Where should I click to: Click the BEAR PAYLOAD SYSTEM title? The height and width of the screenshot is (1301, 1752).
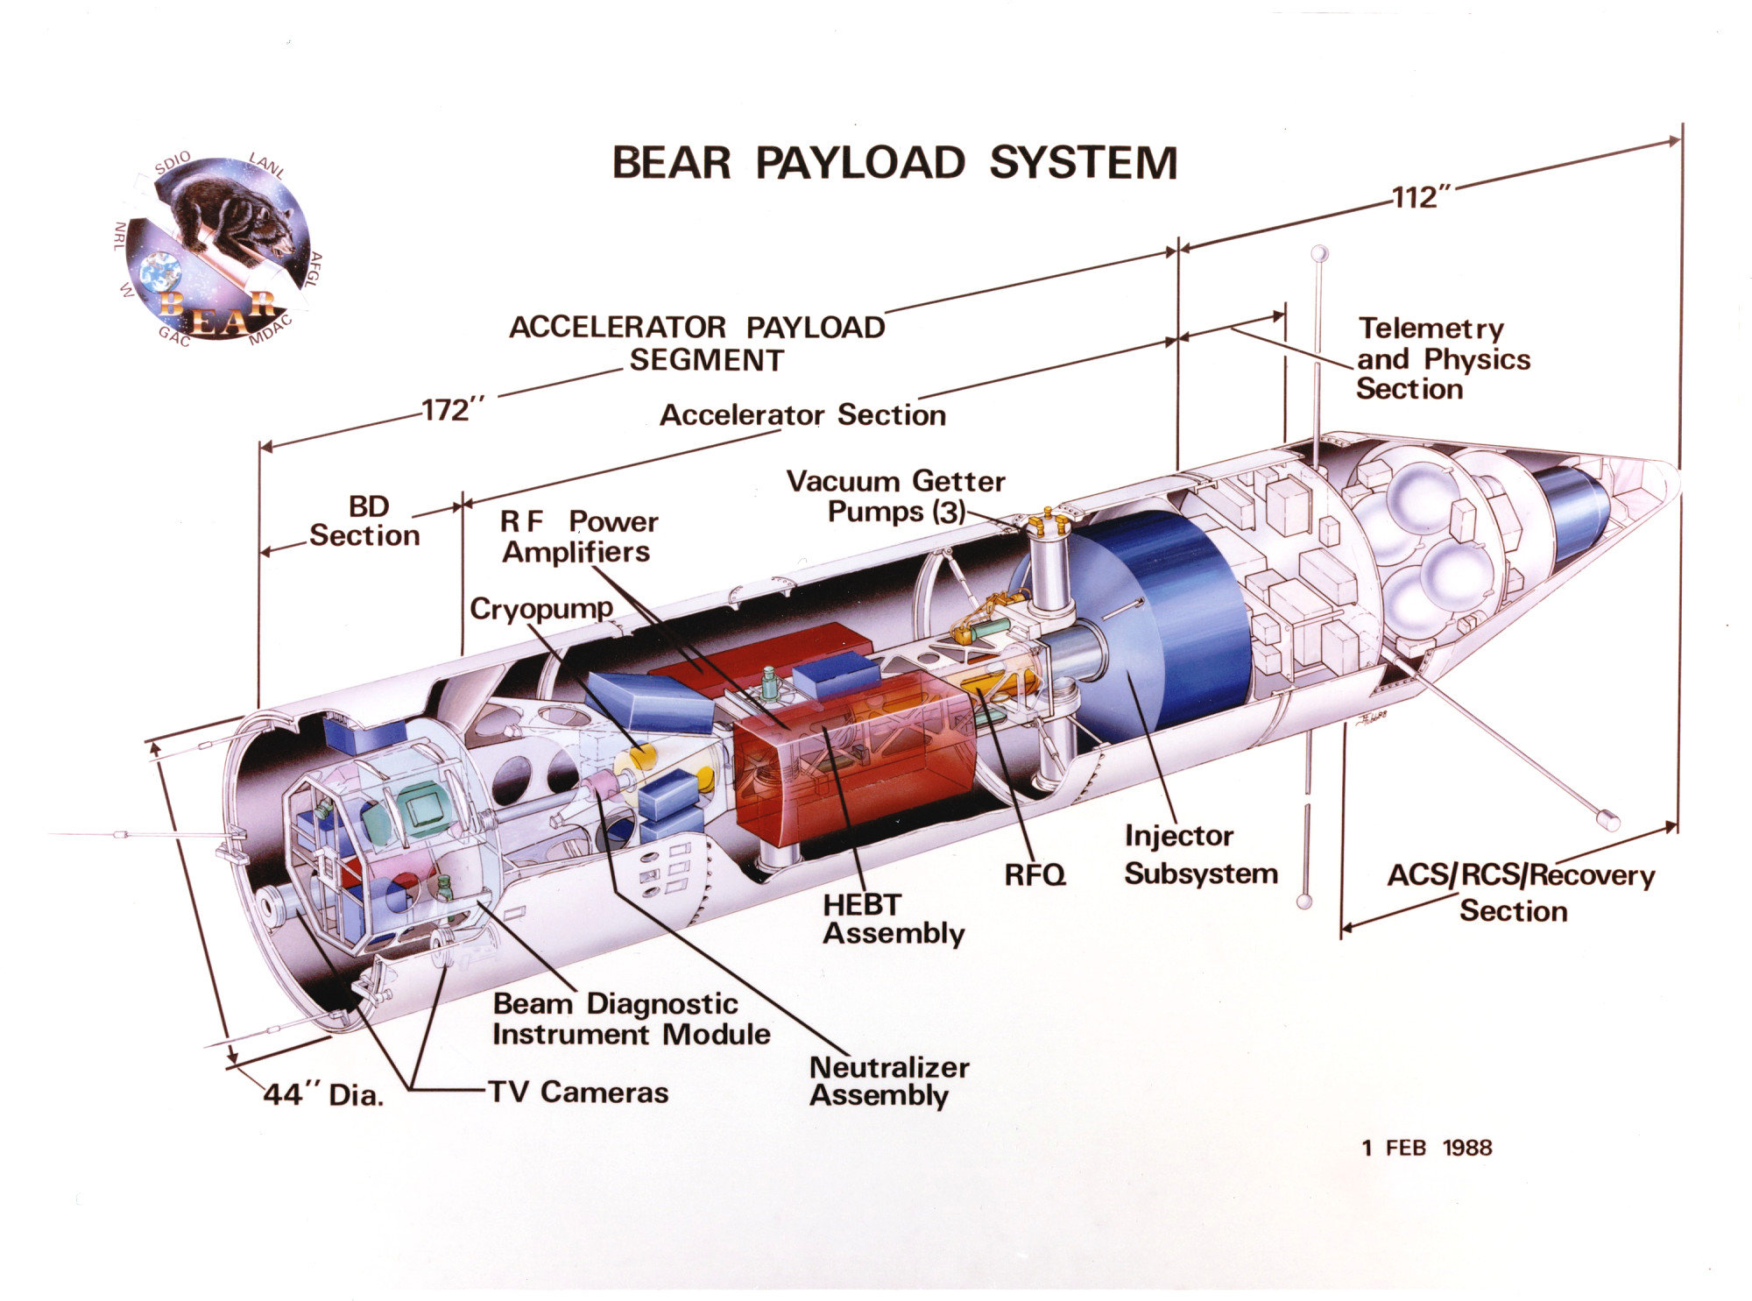pos(894,163)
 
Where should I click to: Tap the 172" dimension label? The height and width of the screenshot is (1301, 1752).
pos(452,410)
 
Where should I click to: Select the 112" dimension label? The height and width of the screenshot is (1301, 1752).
pos(1416,198)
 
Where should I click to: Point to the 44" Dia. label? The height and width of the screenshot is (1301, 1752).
pos(323,1094)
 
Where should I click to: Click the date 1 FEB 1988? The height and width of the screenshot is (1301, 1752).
pos(1427,1148)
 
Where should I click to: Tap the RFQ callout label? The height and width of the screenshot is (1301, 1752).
pos(1035,874)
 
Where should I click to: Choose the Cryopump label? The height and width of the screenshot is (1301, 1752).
pos(540,609)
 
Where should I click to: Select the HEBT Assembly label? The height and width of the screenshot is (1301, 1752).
pos(893,919)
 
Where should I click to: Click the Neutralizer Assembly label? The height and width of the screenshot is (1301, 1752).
pos(888,1081)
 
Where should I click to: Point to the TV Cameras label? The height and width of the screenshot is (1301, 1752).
pos(578,1092)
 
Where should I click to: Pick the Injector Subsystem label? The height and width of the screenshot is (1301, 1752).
pos(1200,854)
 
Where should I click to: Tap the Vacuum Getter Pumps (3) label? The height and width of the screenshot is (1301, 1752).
pos(895,496)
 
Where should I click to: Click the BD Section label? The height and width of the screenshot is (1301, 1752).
pos(365,521)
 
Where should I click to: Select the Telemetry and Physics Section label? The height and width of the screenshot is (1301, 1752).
pos(1443,358)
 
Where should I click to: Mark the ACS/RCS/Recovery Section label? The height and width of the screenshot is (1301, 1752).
pos(1520,893)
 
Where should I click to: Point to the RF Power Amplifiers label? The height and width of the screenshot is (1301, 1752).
pos(577,536)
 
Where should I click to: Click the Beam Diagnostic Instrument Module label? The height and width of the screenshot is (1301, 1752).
pos(630,1019)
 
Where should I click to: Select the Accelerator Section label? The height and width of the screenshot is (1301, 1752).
pos(802,414)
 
